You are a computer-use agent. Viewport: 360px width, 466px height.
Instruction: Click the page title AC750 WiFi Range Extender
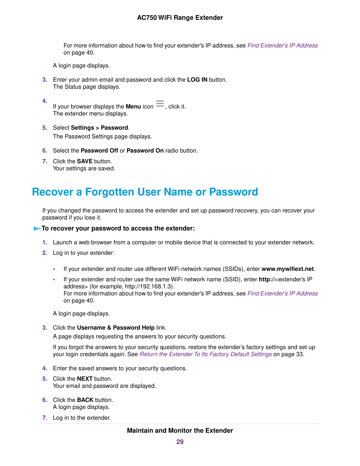(180, 18)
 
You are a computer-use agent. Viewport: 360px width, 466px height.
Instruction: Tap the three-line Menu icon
(160, 104)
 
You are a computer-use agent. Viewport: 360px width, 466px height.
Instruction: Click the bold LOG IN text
(197, 80)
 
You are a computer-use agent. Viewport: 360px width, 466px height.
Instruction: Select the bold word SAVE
(85, 162)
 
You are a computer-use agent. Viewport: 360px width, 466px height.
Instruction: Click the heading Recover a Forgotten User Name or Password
(145, 192)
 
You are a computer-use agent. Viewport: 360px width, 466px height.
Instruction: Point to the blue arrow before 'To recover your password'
(37, 228)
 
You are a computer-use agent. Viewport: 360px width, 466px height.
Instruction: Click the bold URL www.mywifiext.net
(287, 269)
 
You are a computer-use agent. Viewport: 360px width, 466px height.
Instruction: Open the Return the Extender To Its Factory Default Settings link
(206, 354)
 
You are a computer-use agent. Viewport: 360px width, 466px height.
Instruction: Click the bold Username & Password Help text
(116, 328)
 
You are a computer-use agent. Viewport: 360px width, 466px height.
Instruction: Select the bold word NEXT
(85, 379)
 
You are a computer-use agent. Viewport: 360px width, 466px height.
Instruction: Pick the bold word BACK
(85, 400)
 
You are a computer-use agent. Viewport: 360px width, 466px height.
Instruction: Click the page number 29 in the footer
(180, 442)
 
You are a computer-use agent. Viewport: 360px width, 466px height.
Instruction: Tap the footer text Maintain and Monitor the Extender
(180, 431)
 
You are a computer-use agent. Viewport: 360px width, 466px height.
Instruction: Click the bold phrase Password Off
(99, 151)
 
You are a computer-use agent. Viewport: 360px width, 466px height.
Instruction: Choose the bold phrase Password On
(145, 151)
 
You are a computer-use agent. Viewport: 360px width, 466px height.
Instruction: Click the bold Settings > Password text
(99, 128)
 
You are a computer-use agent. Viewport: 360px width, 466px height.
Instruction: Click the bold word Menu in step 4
(133, 107)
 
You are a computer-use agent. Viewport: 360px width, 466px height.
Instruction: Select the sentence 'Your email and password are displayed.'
(104, 386)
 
